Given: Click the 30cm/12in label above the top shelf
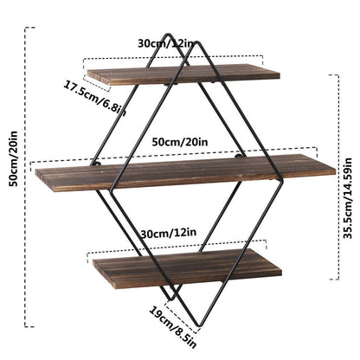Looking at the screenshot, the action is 166,43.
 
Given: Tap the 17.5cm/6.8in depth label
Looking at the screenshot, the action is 94,98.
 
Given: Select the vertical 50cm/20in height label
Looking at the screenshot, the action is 13,158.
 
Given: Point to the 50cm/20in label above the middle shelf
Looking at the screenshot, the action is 180,142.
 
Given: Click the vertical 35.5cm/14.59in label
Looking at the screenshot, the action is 348,198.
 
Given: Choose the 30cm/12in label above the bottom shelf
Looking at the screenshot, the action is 169,233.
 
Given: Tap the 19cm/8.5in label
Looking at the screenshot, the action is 172,326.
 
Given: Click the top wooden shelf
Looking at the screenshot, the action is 183,74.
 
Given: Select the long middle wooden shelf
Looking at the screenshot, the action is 185,172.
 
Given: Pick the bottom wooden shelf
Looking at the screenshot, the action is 187,268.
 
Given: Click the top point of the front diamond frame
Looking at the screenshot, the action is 198,42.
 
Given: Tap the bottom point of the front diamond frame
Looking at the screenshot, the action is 198,325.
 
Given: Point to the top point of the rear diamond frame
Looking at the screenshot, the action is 168,35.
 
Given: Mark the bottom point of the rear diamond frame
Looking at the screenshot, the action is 170,299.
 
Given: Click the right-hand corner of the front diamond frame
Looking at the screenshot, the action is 282,181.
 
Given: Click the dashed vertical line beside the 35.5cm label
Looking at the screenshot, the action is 338,177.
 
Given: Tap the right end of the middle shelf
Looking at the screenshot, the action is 336,171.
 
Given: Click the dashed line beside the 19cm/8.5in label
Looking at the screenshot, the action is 181,314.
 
